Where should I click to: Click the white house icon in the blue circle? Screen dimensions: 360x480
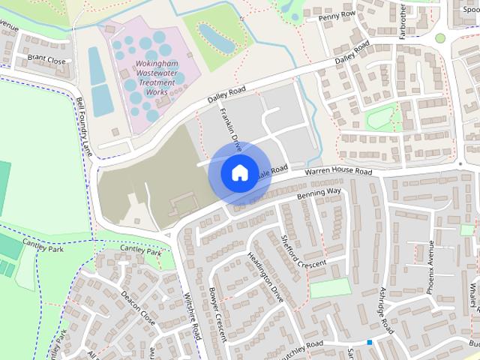tap(239, 172)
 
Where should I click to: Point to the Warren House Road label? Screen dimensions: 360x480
tap(337, 172)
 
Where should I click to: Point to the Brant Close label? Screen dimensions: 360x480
tap(46, 59)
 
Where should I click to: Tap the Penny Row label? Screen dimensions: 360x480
tap(336, 15)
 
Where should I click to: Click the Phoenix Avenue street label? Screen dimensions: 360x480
tap(430, 266)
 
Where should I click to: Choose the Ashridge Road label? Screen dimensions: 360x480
tap(385, 312)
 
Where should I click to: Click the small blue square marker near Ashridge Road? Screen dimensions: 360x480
tap(369, 343)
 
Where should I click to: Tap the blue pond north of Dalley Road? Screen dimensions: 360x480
tap(214, 35)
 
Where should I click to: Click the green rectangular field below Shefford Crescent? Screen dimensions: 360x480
tap(330, 288)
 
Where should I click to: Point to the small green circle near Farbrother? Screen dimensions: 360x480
tap(440, 37)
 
